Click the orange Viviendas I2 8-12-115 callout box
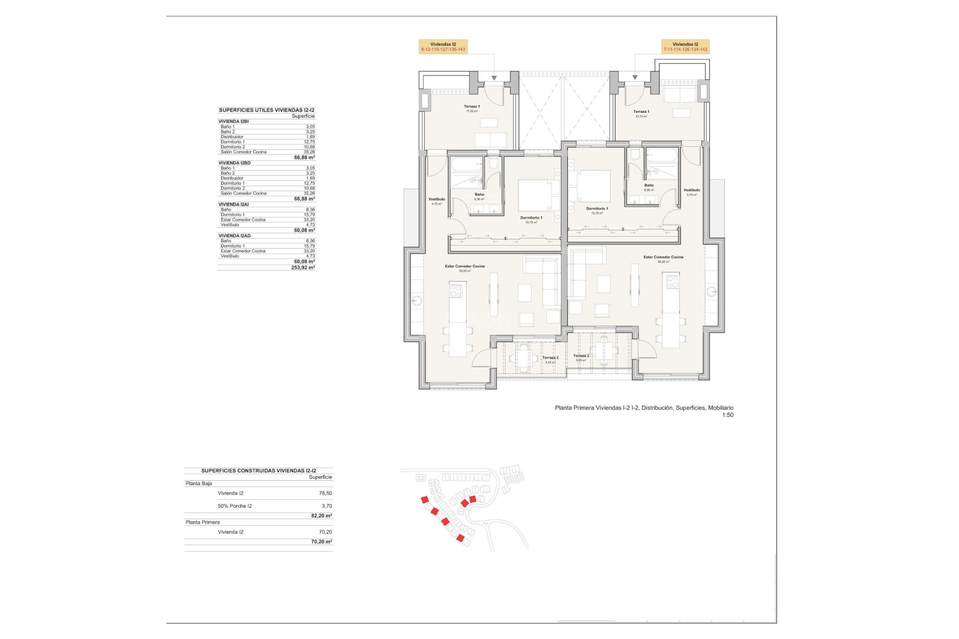pos(443,47)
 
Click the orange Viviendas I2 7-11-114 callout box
pos(685,47)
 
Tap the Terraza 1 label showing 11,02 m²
pos(472,108)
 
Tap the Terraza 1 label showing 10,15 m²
pos(641,114)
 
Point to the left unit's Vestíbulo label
pos(437,201)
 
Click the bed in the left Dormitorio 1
pos(533,195)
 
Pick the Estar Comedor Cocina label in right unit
pos(663,259)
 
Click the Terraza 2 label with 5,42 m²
pos(550,359)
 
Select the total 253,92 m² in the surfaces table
pos(303,268)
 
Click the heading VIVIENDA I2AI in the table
pos(233,205)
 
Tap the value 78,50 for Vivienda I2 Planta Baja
pos(325,493)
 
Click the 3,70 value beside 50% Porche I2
pos(327,506)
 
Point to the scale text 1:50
pos(727,415)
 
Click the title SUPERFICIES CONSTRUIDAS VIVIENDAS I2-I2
pos(259,471)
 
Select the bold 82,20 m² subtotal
pos(321,516)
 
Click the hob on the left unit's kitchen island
pos(456,291)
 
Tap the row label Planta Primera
pos(202,522)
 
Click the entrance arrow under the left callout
pos(494,78)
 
